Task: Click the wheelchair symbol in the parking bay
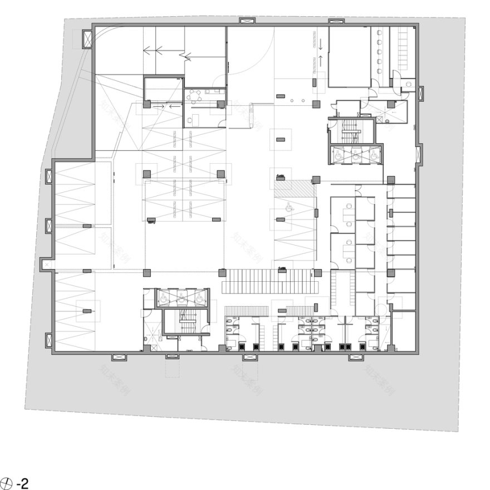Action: (289, 207)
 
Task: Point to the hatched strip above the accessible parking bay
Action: (295, 188)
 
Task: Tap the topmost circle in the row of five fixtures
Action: (380, 33)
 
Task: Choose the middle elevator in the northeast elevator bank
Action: (357, 155)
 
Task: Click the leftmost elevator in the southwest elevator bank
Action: (165, 298)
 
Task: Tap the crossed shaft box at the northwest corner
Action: (86, 38)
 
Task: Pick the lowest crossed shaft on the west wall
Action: (49, 339)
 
